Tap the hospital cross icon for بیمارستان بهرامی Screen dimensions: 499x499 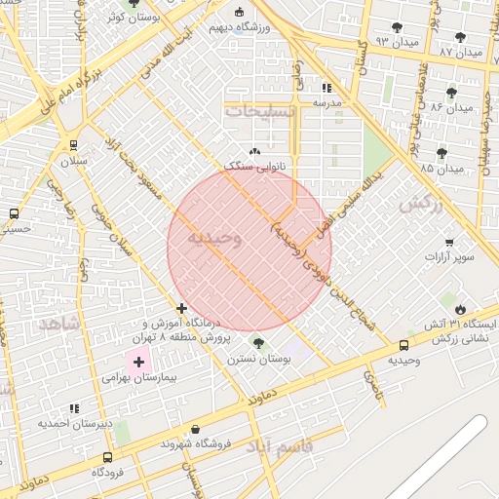138,362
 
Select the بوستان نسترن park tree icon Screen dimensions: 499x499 258,343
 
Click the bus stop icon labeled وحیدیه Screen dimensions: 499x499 403,346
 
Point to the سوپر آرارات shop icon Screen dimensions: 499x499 448,243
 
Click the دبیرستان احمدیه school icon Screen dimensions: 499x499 74,408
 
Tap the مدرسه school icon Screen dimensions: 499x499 326,87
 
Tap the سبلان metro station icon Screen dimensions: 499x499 74,145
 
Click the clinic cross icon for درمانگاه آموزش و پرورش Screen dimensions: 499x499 181,308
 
